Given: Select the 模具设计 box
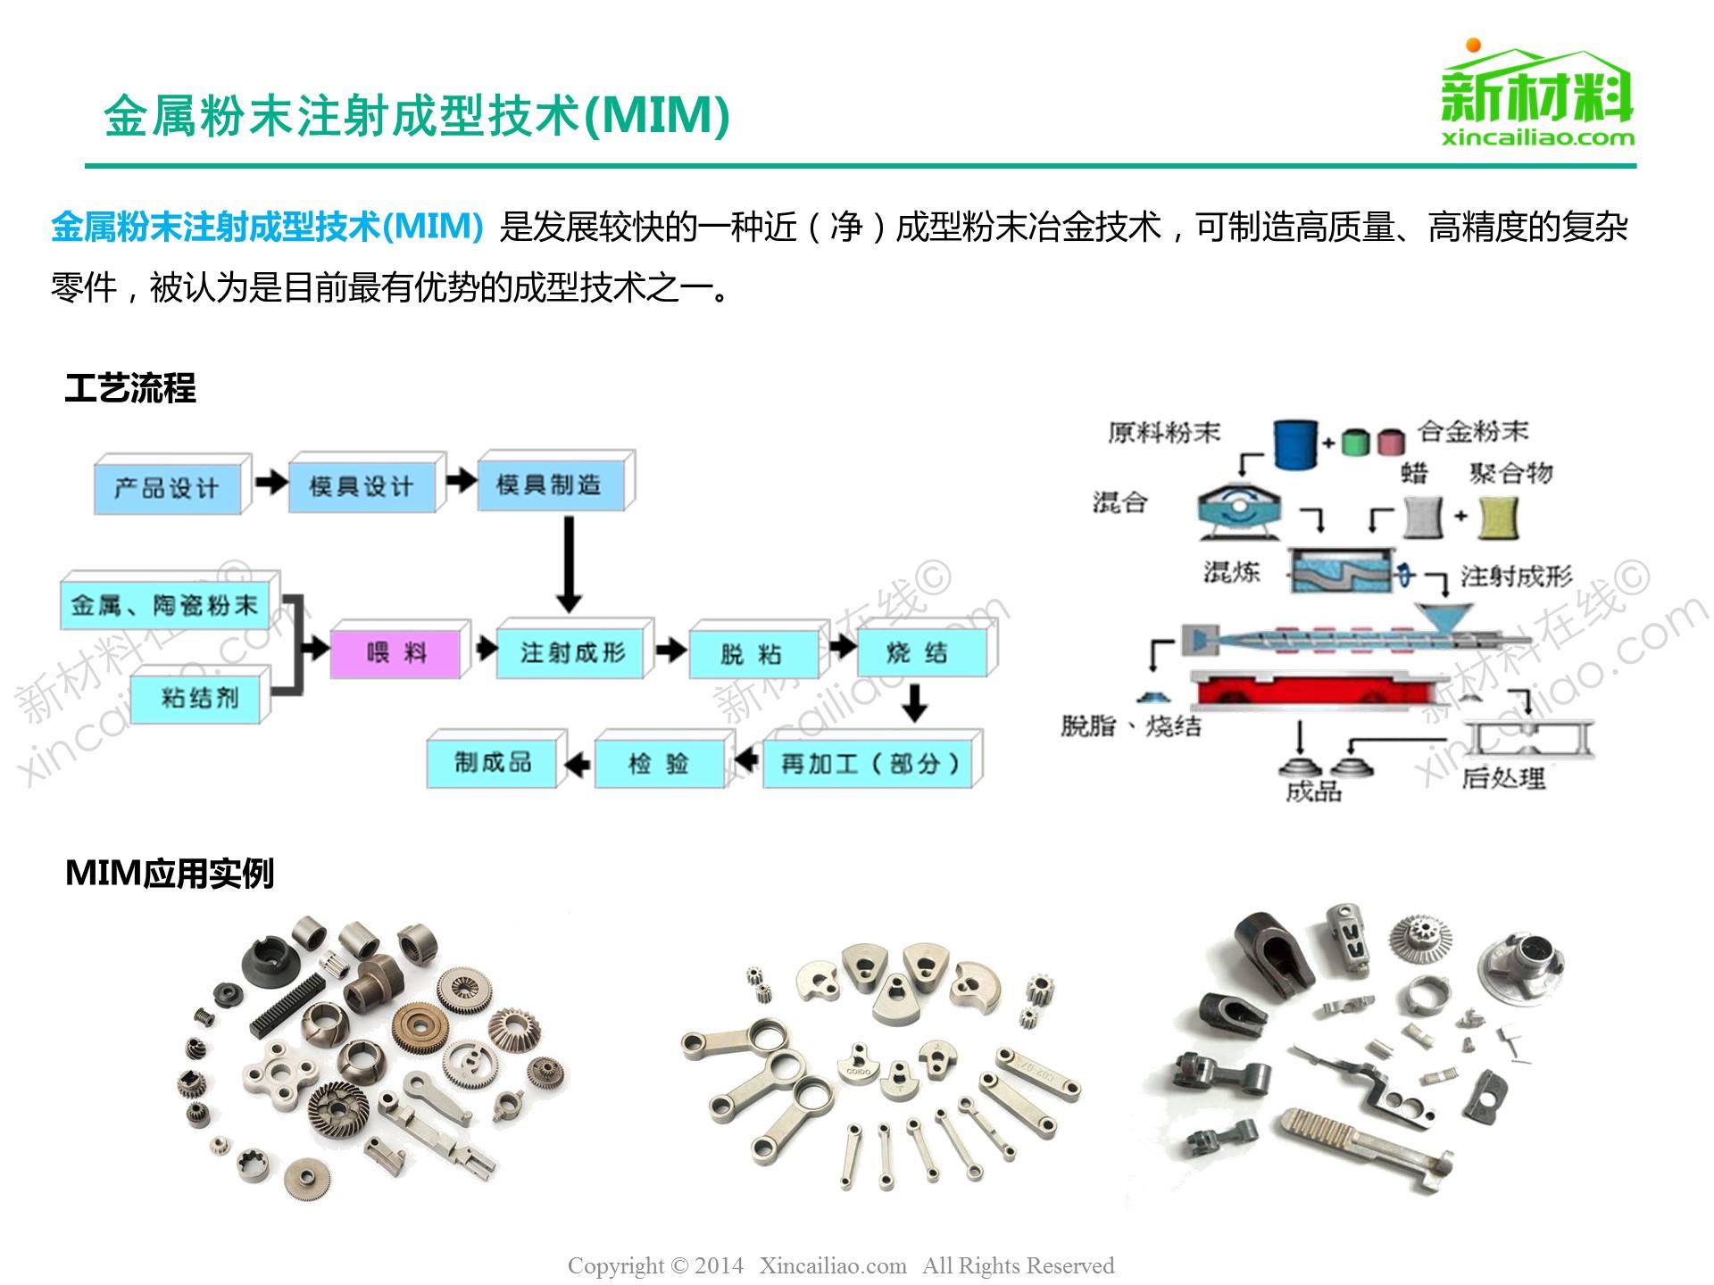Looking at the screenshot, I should point(362,486).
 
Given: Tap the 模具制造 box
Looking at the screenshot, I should point(550,485).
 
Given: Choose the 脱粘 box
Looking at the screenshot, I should point(752,654).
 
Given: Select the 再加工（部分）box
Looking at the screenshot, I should point(869,763).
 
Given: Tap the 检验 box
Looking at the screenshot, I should point(659,764).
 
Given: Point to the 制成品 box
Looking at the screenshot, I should point(493,762).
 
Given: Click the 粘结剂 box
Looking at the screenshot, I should point(200,697).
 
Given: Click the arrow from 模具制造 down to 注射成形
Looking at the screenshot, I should point(569,563).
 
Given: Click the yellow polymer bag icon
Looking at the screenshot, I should point(1498,518).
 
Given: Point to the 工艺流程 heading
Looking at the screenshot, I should point(130,389).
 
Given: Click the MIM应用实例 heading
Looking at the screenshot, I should point(170,874).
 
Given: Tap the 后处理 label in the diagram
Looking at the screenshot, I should point(1502,778).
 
